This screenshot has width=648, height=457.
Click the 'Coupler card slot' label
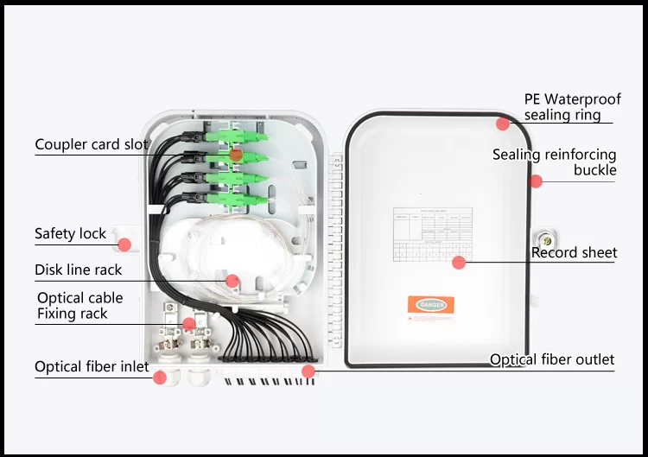(92, 144)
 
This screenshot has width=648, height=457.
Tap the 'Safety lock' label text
(70, 233)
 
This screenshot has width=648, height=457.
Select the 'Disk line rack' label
(78, 270)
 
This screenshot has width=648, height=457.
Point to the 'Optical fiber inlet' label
(92, 367)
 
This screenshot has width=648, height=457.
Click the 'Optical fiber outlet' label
(552, 359)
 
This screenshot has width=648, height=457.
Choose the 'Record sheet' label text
(574, 252)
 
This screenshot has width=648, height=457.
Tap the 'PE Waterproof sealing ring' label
(571, 107)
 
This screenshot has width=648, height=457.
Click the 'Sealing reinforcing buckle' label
(555, 162)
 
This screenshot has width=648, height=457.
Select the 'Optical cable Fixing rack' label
(79, 306)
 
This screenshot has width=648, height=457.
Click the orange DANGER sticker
(431, 304)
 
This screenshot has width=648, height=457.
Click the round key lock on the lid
(545, 238)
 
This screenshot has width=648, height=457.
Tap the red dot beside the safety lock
(124, 244)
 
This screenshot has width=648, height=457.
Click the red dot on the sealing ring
(502, 124)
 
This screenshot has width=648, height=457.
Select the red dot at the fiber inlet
(159, 377)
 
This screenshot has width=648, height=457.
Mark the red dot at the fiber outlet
(308, 371)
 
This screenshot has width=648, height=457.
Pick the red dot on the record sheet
(459, 262)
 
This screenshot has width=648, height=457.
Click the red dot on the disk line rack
(232, 280)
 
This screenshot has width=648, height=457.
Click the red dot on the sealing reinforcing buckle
(536, 181)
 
